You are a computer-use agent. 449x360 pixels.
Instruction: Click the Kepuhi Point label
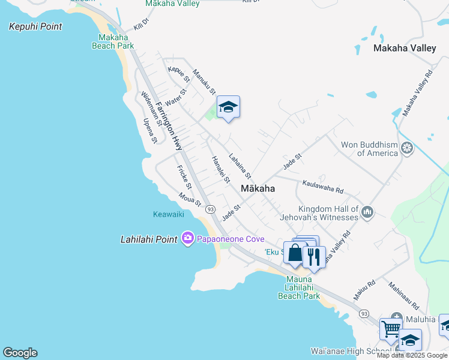(35, 27)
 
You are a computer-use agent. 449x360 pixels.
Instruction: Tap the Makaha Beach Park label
(112, 41)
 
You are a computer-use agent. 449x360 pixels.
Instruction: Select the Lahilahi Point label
(148, 239)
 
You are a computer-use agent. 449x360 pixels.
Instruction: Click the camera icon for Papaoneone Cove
(188, 239)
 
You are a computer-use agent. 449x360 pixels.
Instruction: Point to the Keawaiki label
(167, 214)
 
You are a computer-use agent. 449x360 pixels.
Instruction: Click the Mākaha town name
(258, 188)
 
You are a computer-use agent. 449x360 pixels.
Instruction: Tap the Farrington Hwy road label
(169, 125)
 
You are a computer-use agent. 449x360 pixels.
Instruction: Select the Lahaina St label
(239, 166)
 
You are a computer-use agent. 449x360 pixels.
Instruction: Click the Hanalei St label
(220, 170)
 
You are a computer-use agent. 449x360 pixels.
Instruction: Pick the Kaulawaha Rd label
(323, 187)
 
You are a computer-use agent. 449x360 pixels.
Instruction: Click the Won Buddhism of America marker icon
(408, 148)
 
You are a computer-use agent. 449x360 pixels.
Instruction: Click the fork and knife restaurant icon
(314, 256)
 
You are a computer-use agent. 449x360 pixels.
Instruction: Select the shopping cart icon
(391, 328)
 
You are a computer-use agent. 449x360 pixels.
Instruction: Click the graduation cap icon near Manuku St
(228, 107)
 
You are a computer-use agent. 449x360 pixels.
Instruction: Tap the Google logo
(20, 353)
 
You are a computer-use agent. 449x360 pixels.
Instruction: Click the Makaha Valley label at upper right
(405, 49)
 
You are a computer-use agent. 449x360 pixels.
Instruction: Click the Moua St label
(190, 199)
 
